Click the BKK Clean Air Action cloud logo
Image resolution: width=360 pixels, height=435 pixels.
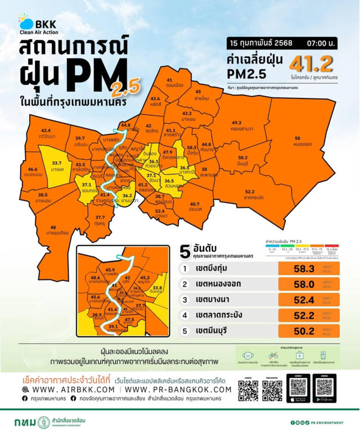pyautogui.click(x=26, y=24)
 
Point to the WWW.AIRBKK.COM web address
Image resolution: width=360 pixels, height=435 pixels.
pyautogui.click(x=70, y=389)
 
